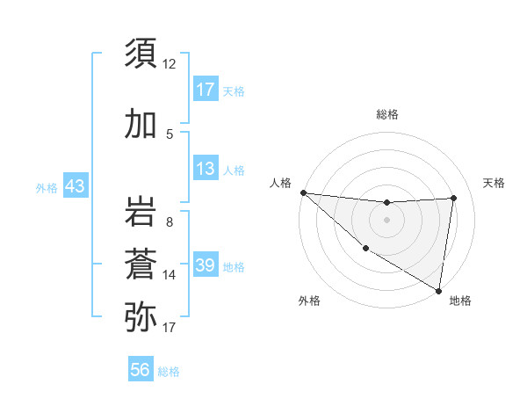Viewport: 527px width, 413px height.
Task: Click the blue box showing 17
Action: point(206,90)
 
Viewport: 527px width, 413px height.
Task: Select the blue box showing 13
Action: point(206,168)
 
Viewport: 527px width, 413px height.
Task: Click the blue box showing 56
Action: point(141,371)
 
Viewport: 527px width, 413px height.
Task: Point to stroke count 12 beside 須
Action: point(170,64)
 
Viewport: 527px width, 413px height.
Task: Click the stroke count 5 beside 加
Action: point(170,134)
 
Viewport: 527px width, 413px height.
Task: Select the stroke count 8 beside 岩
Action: point(170,222)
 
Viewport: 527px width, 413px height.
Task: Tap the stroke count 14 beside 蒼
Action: point(170,275)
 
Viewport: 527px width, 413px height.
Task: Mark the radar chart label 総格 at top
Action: point(386,114)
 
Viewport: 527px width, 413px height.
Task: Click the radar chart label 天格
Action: point(495,183)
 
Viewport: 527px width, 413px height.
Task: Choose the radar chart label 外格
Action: point(309,301)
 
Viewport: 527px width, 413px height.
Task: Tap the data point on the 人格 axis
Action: point(303,192)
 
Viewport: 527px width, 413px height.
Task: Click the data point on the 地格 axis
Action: point(439,291)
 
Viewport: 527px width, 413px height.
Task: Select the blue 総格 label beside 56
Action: point(169,372)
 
